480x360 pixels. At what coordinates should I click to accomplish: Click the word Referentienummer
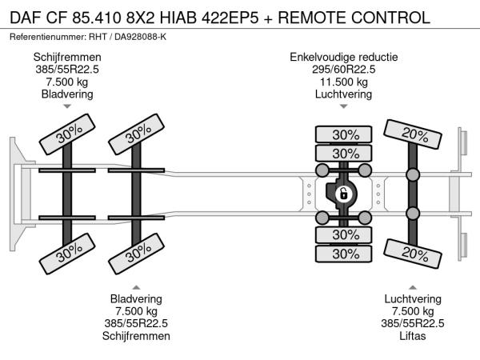pyautogui.click(x=50, y=38)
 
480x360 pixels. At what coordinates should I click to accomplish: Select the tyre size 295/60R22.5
pyautogui.click(x=344, y=70)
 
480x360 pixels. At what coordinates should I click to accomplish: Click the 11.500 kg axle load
pyautogui.click(x=344, y=82)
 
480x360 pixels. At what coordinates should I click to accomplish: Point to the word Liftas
pyautogui.click(x=413, y=336)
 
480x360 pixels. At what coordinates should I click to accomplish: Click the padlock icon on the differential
pyautogui.click(x=342, y=194)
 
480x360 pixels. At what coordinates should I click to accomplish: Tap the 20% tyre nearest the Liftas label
pyautogui.click(x=414, y=254)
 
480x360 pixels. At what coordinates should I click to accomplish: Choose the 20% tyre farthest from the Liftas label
pyautogui.click(x=414, y=134)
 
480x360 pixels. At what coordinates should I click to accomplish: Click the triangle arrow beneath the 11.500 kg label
pyautogui.click(x=344, y=106)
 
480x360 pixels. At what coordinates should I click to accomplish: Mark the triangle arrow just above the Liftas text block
pyautogui.click(x=413, y=288)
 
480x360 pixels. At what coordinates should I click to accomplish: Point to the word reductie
pyautogui.click(x=377, y=58)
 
